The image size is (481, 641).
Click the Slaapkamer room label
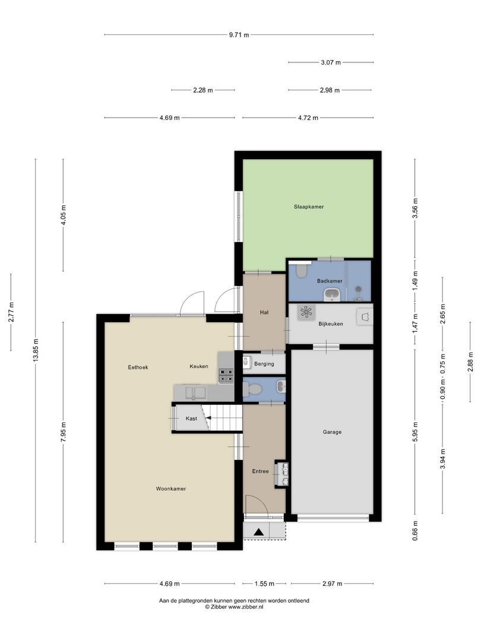[x=308, y=207]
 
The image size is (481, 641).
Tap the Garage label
[x=332, y=432]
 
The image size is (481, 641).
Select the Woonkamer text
[x=171, y=489]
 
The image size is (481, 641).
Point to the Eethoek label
[x=138, y=367]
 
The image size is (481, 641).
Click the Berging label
[x=264, y=364]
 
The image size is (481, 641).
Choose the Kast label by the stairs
[x=191, y=419]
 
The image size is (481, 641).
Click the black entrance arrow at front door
[x=258, y=532]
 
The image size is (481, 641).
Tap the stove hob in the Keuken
[x=226, y=375]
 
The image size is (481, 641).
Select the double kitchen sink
[x=195, y=392]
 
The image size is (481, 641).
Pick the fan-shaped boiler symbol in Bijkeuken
[x=306, y=313]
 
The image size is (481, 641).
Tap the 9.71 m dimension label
[x=239, y=35]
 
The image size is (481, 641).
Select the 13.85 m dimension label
[x=36, y=350]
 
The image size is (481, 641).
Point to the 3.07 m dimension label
[x=331, y=62]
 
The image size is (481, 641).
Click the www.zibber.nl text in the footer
[x=246, y=607]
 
